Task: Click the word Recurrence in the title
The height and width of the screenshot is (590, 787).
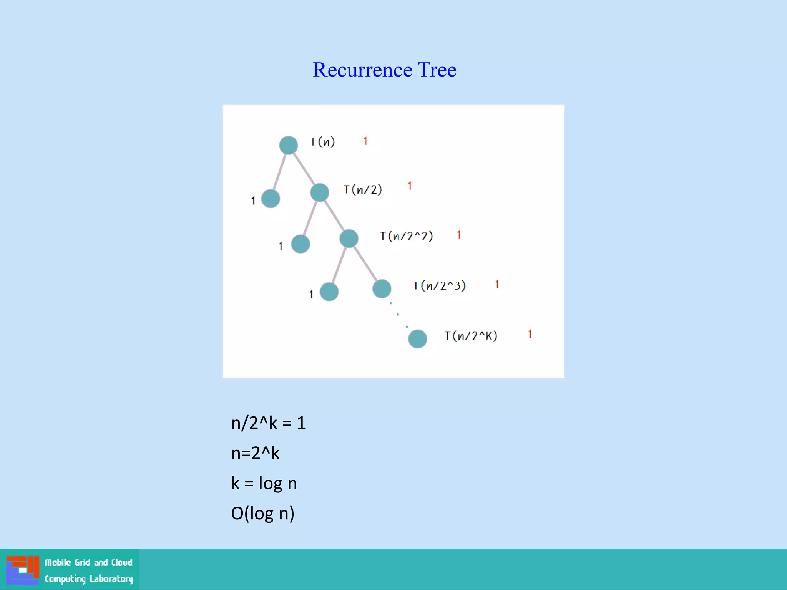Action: (362, 70)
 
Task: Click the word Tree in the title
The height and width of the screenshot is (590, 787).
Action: (437, 70)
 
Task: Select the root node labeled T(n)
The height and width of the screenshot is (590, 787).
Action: (288, 145)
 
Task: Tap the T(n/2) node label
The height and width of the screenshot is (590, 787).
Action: (362, 189)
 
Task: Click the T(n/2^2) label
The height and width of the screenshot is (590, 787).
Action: (406, 236)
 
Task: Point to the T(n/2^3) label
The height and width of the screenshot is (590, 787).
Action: (439, 286)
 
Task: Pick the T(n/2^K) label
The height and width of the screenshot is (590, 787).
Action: (471, 336)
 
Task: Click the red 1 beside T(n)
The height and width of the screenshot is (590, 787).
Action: (365, 141)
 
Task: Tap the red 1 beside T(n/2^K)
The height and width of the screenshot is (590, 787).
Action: (530, 334)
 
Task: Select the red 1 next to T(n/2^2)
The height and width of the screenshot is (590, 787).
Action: (459, 235)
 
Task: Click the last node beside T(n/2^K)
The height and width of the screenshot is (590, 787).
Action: (417, 339)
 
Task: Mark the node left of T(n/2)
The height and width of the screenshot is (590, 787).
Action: (319, 192)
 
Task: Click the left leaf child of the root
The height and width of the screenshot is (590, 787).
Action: (271, 199)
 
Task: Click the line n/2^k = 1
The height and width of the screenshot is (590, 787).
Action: (268, 423)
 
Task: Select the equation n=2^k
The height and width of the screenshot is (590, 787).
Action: (255, 453)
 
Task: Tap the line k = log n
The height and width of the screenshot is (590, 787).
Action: (264, 483)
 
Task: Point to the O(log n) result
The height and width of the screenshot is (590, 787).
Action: (263, 514)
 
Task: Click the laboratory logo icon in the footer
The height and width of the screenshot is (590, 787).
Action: (23, 570)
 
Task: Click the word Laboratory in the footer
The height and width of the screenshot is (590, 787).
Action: (111, 578)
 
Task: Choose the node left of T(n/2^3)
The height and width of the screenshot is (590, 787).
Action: (382, 289)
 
